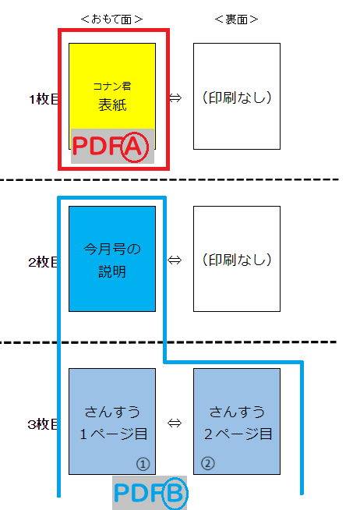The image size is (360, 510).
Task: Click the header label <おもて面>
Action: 111,19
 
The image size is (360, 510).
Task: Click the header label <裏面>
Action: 236,19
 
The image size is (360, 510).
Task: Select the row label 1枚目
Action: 44,99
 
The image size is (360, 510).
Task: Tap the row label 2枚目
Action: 43,262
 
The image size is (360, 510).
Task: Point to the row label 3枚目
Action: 43,424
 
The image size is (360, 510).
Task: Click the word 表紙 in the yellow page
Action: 112,105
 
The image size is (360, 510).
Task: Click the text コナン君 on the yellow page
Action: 112,87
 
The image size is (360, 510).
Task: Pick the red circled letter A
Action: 135,147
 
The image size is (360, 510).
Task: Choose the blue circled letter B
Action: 175,494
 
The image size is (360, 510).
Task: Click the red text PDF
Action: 97,146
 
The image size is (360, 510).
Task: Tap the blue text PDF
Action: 138,493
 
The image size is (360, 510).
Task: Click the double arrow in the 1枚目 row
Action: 175,98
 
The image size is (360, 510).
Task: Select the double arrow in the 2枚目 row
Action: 175,260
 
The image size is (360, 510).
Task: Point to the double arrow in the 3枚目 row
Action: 175,423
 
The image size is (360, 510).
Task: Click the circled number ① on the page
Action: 143,464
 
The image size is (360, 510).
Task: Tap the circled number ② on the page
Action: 208,463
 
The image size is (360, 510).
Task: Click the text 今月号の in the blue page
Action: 112,250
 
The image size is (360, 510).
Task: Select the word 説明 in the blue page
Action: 112,271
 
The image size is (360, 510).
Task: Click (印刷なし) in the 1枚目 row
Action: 237,97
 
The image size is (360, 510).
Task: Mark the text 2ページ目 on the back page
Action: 238,434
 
